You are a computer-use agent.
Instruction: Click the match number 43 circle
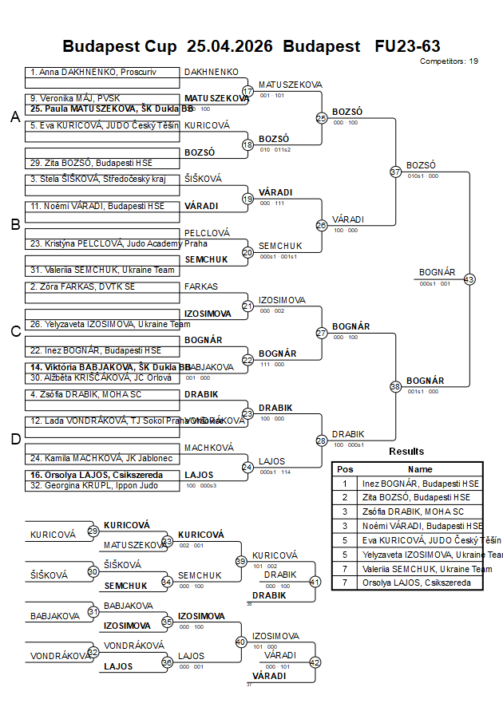click(469, 279)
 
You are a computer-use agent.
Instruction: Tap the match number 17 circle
click(248, 91)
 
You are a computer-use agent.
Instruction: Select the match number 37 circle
click(395, 172)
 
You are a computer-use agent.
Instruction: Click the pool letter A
click(14, 117)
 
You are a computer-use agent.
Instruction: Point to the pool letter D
click(14, 439)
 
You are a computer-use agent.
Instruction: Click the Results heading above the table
click(406, 452)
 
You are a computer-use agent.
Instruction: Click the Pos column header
click(345, 469)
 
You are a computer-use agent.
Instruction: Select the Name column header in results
click(420, 469)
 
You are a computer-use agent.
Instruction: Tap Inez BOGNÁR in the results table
click(421, 483)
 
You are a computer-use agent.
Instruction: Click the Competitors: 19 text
click(449, 61)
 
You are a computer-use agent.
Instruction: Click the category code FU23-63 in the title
click(407, 46)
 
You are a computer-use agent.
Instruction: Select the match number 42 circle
click(315, 662)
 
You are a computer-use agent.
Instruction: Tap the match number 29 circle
click(93, 531)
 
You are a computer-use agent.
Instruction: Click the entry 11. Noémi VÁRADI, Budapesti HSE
click(97, 206)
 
